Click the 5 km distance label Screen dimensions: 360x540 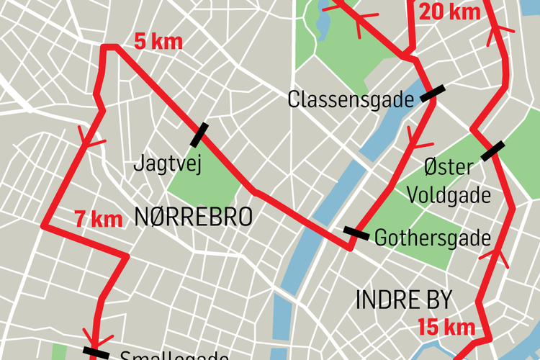158,42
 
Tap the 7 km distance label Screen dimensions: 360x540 99,219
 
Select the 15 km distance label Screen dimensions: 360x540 446,327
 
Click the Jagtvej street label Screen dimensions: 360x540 166,164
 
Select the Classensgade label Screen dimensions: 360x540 350,99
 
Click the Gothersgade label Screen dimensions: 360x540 432,238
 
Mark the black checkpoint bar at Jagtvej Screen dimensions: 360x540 199,135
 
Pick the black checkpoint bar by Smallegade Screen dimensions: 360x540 96,353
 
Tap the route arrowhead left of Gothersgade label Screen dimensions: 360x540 414,135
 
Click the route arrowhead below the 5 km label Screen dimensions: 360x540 87,139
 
